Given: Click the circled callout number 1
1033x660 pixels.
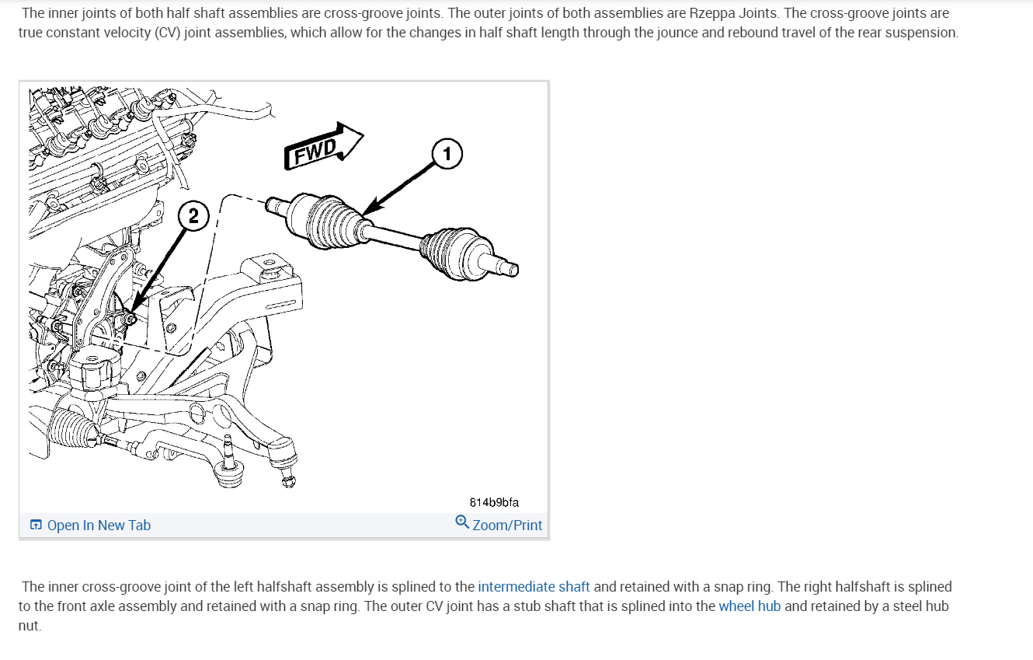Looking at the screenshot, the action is pyautogui.click(x=447, y=154).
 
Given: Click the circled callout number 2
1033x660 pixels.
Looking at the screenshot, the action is pyautogui.click(x=193, y=216).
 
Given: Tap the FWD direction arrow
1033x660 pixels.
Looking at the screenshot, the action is pyautogui.click(x=324, y=146).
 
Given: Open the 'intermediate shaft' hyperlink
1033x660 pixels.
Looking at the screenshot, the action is pyautogui.click(x=534, y=587).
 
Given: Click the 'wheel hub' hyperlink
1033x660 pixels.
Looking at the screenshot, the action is pyautogui.click(x=750, y=606).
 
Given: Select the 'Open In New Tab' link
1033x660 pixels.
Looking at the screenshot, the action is pyautogui.click(x=99, y=526).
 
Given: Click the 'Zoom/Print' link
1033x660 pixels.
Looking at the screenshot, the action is pyautogui.click(x=507, y=526).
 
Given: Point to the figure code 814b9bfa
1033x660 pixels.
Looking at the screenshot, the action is pyautogui.click(x=494, y=502).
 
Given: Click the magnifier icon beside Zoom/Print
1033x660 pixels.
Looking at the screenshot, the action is pyautogui.click(x=462, y=522).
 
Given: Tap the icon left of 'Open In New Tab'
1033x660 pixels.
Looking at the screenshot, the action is pyautogui.click(x=36, y=525).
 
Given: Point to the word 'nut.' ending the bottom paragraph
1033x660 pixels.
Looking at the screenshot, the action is pyautogui.click(x=30, y=626).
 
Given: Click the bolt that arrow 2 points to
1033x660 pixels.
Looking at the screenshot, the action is pyautogui.click(x=131, y=319).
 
